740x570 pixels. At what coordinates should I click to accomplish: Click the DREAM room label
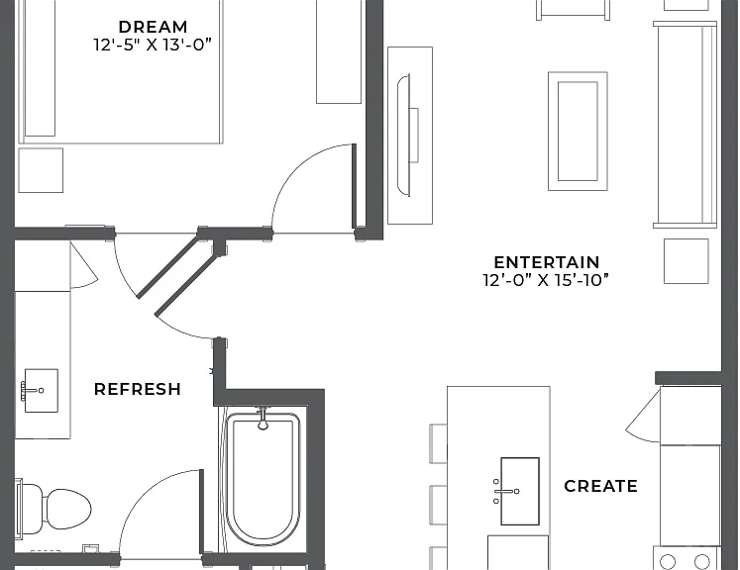(153, 27)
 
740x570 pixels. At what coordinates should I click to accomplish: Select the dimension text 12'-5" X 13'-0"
(153, 45)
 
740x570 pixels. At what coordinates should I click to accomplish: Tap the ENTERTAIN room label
(547, 262)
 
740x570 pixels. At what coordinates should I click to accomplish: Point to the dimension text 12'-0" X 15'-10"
(546, 280)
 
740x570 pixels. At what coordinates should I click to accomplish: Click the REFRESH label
(138, 389)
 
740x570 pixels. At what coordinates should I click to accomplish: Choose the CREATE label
(600, 486)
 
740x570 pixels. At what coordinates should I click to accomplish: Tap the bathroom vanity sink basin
(41, 390)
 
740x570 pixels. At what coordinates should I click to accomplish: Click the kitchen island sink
(520, 491)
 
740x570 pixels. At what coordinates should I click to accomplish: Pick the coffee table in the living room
(578, 132)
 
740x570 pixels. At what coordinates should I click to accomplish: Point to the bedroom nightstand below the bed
(41, 170)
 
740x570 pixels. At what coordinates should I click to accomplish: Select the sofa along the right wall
(686, 125)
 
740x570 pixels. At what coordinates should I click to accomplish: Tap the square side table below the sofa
(687, 261)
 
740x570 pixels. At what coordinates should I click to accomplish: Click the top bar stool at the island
(438, 443)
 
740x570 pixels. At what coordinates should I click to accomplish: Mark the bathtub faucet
(263, 420)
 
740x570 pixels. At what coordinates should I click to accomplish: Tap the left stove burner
(668, 562)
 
